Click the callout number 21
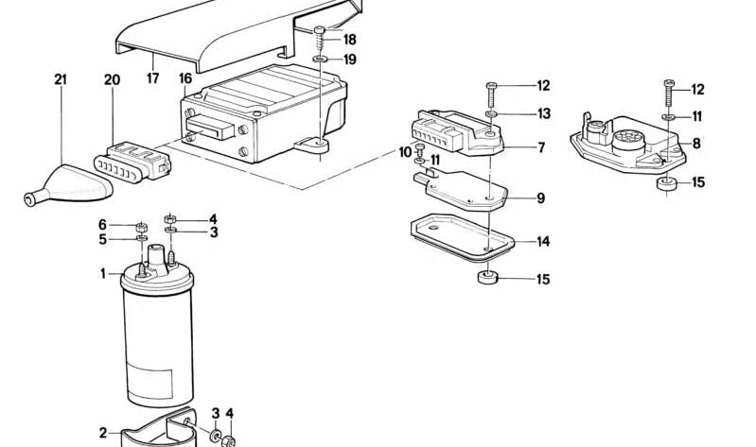tap(61, 79)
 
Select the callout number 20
tap(112, 79)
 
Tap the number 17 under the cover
tap(153, 78)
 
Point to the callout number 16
tap(185, 78)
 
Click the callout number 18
tap(350, 39)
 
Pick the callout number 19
tap(350, 60)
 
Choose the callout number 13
tap(543, 113)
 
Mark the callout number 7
tap(541, 146)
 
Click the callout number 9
tap(541, 198)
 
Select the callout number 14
tap(543, 241)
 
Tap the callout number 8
tap(696, 143)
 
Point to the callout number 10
tap(406, 153)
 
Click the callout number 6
tap(102, 225)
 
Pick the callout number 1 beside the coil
tap(103, 274)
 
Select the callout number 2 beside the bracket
tap(103, 433)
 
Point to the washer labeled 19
tap(319, 60)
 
